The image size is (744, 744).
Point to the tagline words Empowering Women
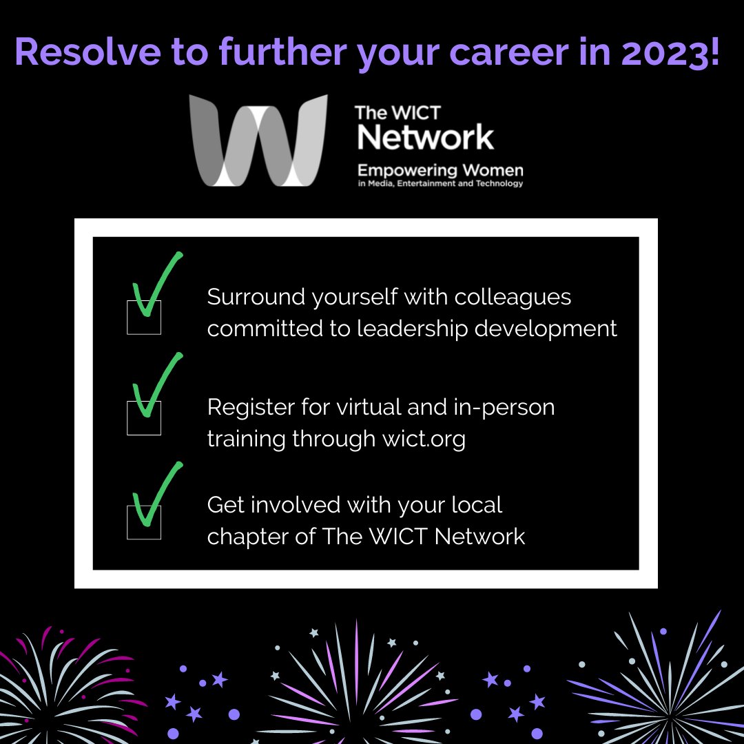[440, 169]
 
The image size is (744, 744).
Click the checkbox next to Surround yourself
[144, 318]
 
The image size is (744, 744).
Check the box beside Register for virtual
[144, 418]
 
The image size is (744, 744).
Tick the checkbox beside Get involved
[144, 522]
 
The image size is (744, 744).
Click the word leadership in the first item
[411, 329]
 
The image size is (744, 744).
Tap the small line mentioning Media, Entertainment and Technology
[440, 184]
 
